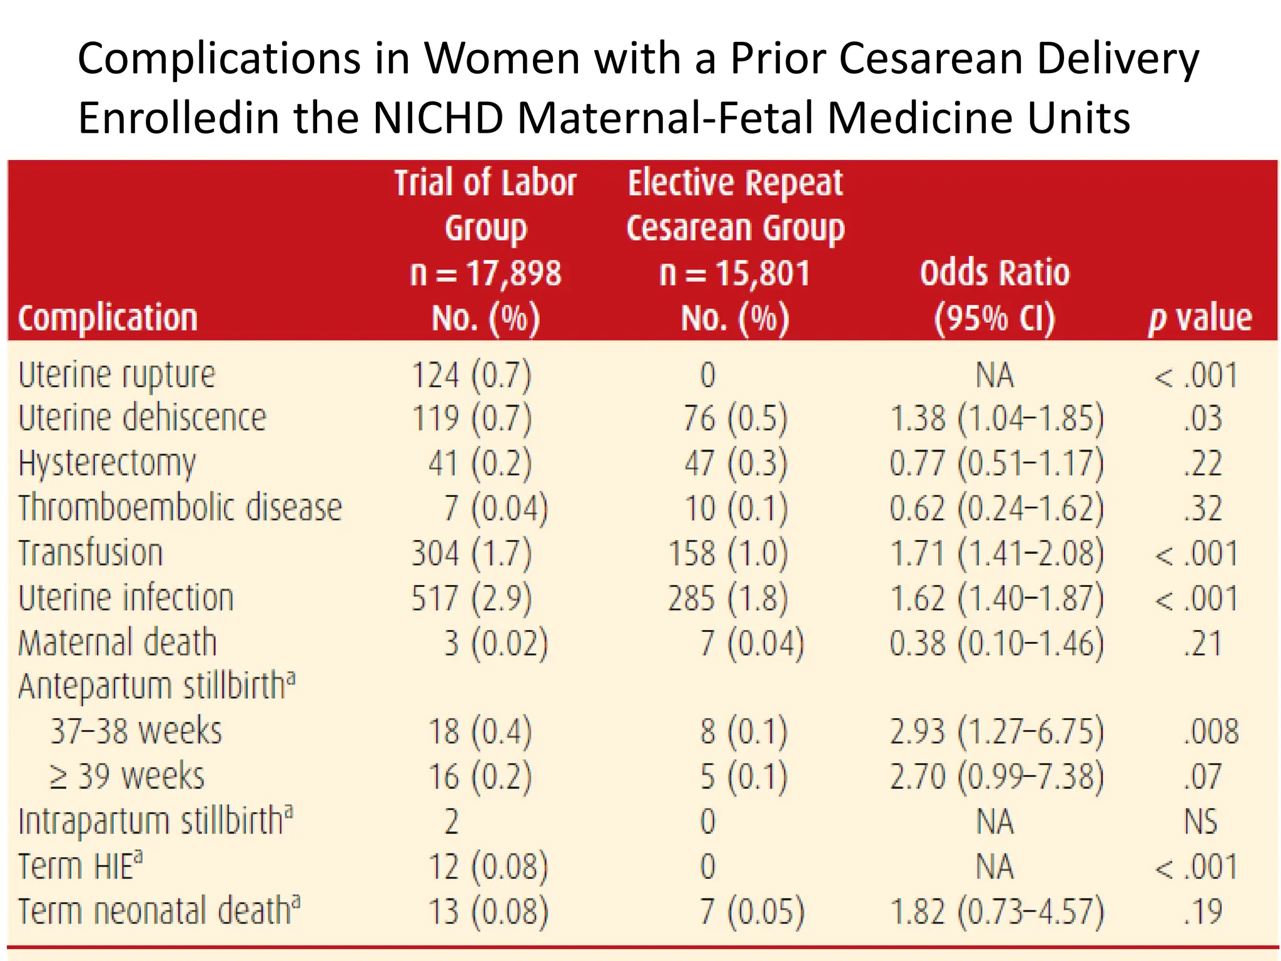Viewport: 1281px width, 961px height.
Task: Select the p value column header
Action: [1200, 318]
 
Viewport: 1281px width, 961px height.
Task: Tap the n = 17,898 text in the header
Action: [485, 273]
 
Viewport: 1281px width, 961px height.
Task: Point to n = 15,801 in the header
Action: [734, 273]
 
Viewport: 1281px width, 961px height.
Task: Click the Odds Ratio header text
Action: [995, 273]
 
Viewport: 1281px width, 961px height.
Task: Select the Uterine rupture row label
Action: [116, 375]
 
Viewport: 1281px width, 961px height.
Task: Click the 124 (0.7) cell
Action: [471, 375]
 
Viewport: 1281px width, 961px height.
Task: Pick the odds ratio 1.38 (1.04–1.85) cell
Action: [996, 418]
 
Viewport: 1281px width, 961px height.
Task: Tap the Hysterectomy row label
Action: [107, 464]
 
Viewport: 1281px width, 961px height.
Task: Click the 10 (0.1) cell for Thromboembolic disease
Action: [736, 508]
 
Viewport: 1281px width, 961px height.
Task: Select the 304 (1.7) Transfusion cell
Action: [471, 554]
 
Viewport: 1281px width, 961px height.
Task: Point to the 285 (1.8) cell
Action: [727, 598]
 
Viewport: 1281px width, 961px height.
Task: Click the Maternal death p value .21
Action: [1202, 643]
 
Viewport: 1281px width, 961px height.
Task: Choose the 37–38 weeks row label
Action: [136, 731]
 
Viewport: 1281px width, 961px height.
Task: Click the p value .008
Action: [1210, 731]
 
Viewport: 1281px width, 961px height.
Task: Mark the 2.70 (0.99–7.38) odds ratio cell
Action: [996, 776]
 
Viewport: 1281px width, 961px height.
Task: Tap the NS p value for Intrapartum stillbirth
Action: [1200, 821]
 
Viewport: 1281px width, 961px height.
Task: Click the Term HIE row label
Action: [80, 867]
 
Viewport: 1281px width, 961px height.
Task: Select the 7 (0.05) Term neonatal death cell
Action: [751, 912]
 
